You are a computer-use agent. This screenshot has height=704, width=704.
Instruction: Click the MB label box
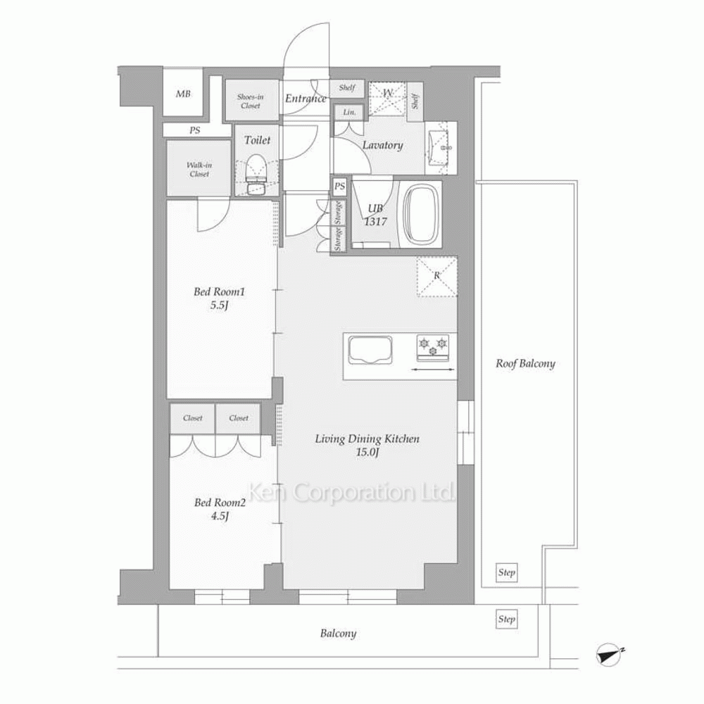tap(183, 94)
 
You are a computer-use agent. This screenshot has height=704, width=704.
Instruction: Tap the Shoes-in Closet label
tap(250, 101)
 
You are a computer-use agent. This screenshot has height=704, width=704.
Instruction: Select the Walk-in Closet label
tap(199, 169)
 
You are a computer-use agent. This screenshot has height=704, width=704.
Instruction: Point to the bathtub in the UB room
tap(421, 214)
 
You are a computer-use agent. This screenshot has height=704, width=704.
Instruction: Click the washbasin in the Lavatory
tap(441, 148)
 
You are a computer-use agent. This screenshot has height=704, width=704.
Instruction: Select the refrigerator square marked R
tap(437, 276)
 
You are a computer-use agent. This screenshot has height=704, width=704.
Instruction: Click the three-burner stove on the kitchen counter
tap(433, 346)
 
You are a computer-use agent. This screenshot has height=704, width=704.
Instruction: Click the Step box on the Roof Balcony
tap(506, 572)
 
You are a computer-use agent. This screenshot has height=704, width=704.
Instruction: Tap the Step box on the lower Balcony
tap(506, 619)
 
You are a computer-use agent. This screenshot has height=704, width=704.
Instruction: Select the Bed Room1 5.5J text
tap(219, 298)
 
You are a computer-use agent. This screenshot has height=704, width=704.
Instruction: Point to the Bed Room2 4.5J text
tap(220, 509)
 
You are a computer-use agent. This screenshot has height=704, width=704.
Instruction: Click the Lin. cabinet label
tap(349, 112)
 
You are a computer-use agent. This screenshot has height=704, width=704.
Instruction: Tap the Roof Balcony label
tap(525, 363)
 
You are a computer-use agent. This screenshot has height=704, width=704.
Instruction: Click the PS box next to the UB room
tap(340, 187)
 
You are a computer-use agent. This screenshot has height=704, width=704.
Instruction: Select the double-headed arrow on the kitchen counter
tap(433, 370)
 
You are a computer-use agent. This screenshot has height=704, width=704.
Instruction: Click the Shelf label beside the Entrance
tap(347, 88)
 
